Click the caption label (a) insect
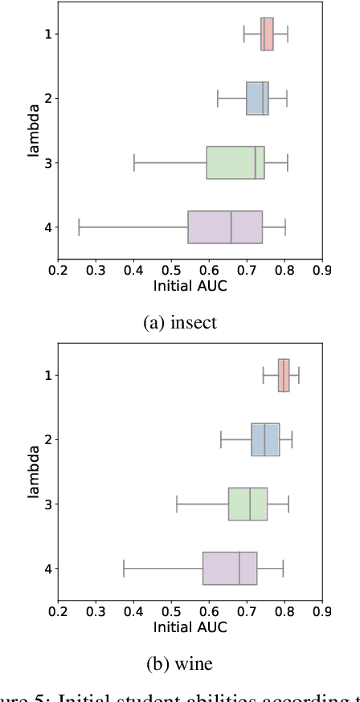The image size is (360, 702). [x=180, y=322]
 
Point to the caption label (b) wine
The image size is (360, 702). [x=180, y=663]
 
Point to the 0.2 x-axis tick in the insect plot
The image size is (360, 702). [x=58, y=271]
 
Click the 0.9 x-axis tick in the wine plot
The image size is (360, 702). [x=322, y=612]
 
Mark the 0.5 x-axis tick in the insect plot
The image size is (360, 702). [x=171, y=271]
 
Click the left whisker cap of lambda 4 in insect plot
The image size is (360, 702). [x=79, y=227]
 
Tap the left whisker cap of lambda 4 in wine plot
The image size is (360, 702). [x=124, y=568]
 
